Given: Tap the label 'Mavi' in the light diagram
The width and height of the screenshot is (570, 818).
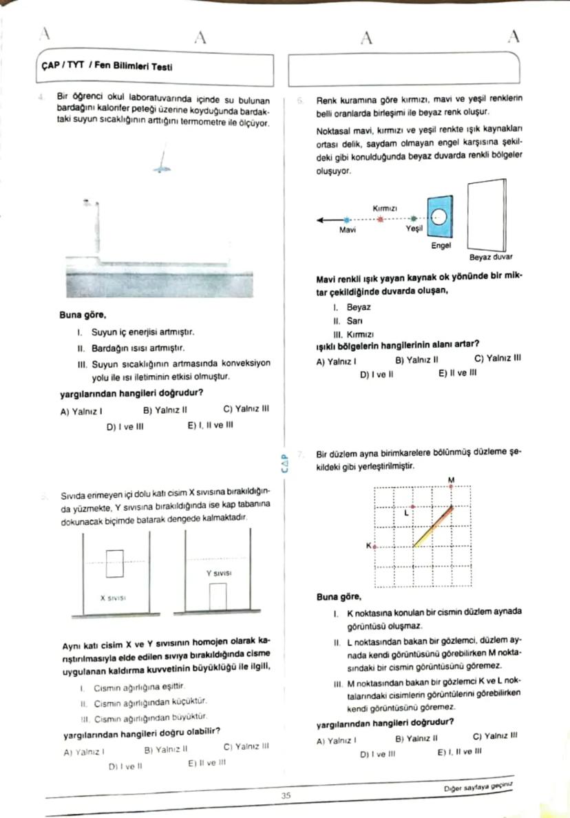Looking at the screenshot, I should coord(348,230).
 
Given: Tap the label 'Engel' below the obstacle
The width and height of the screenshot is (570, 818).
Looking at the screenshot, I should coord(440,245).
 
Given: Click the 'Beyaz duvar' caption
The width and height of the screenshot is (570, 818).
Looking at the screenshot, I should coord(491,257).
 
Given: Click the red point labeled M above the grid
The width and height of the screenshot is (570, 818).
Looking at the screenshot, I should coord(452,486).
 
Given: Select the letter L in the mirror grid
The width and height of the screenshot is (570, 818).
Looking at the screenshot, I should coord(406,512).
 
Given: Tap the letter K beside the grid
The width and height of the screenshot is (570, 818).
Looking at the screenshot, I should coord(368,545).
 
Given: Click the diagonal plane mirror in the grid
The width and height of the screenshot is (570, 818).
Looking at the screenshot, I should coord(433,527).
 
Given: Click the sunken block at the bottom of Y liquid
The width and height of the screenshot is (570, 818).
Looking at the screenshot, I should coord(218,596).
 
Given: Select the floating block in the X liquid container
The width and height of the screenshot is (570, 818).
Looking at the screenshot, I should coord(115,563).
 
